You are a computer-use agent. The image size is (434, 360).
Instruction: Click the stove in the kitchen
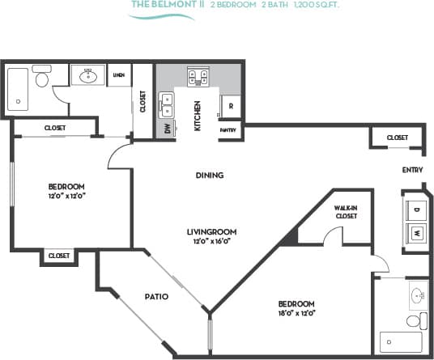(x=198, y=77)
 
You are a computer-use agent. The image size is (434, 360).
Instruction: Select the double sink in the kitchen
(x=167, y=105)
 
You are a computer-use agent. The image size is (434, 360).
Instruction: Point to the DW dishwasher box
(x=167, y=129)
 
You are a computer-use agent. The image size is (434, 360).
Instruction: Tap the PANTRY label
(x=228, y=129)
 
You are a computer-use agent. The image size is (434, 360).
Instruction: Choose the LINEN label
(x=118, y=75)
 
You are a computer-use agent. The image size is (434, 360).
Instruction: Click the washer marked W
(x=416, y=234)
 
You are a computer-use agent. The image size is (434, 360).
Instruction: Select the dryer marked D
(x=416, y=209)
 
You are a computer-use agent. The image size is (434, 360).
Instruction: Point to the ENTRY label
(x=413, y=170)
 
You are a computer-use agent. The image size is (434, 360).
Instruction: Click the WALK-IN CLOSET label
(x=347, y=212)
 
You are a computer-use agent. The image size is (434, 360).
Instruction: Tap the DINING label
(x=209, y=176)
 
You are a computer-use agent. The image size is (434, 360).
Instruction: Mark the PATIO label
(x=156, y=296)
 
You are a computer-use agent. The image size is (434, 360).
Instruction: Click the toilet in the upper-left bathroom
(x=43, y=80)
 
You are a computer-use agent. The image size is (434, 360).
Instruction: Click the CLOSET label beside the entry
(x=397, y=138)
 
